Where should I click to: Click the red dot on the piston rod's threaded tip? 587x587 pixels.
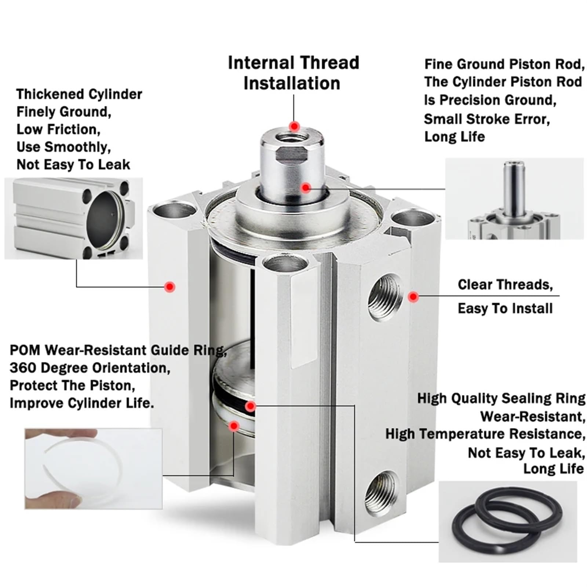click(294, 127)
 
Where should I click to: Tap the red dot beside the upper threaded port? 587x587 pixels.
click(413, 297)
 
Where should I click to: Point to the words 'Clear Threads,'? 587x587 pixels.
click(505, 285)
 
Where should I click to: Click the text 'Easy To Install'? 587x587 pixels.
click(505, 309)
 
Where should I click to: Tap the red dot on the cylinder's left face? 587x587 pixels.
click(169, 287)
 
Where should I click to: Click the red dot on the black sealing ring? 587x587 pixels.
click(251, 406)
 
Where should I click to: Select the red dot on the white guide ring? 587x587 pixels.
click(234, 426)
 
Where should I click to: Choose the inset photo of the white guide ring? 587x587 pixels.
click(93, 468)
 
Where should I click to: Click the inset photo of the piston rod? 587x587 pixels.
click(514, 198)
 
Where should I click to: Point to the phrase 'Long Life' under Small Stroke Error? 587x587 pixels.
click(454, 137)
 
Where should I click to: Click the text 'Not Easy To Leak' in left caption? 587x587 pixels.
click(73, 165)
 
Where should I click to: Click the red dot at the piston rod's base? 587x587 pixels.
click(306, 188)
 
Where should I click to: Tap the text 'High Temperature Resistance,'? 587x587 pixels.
click(485, 434)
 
